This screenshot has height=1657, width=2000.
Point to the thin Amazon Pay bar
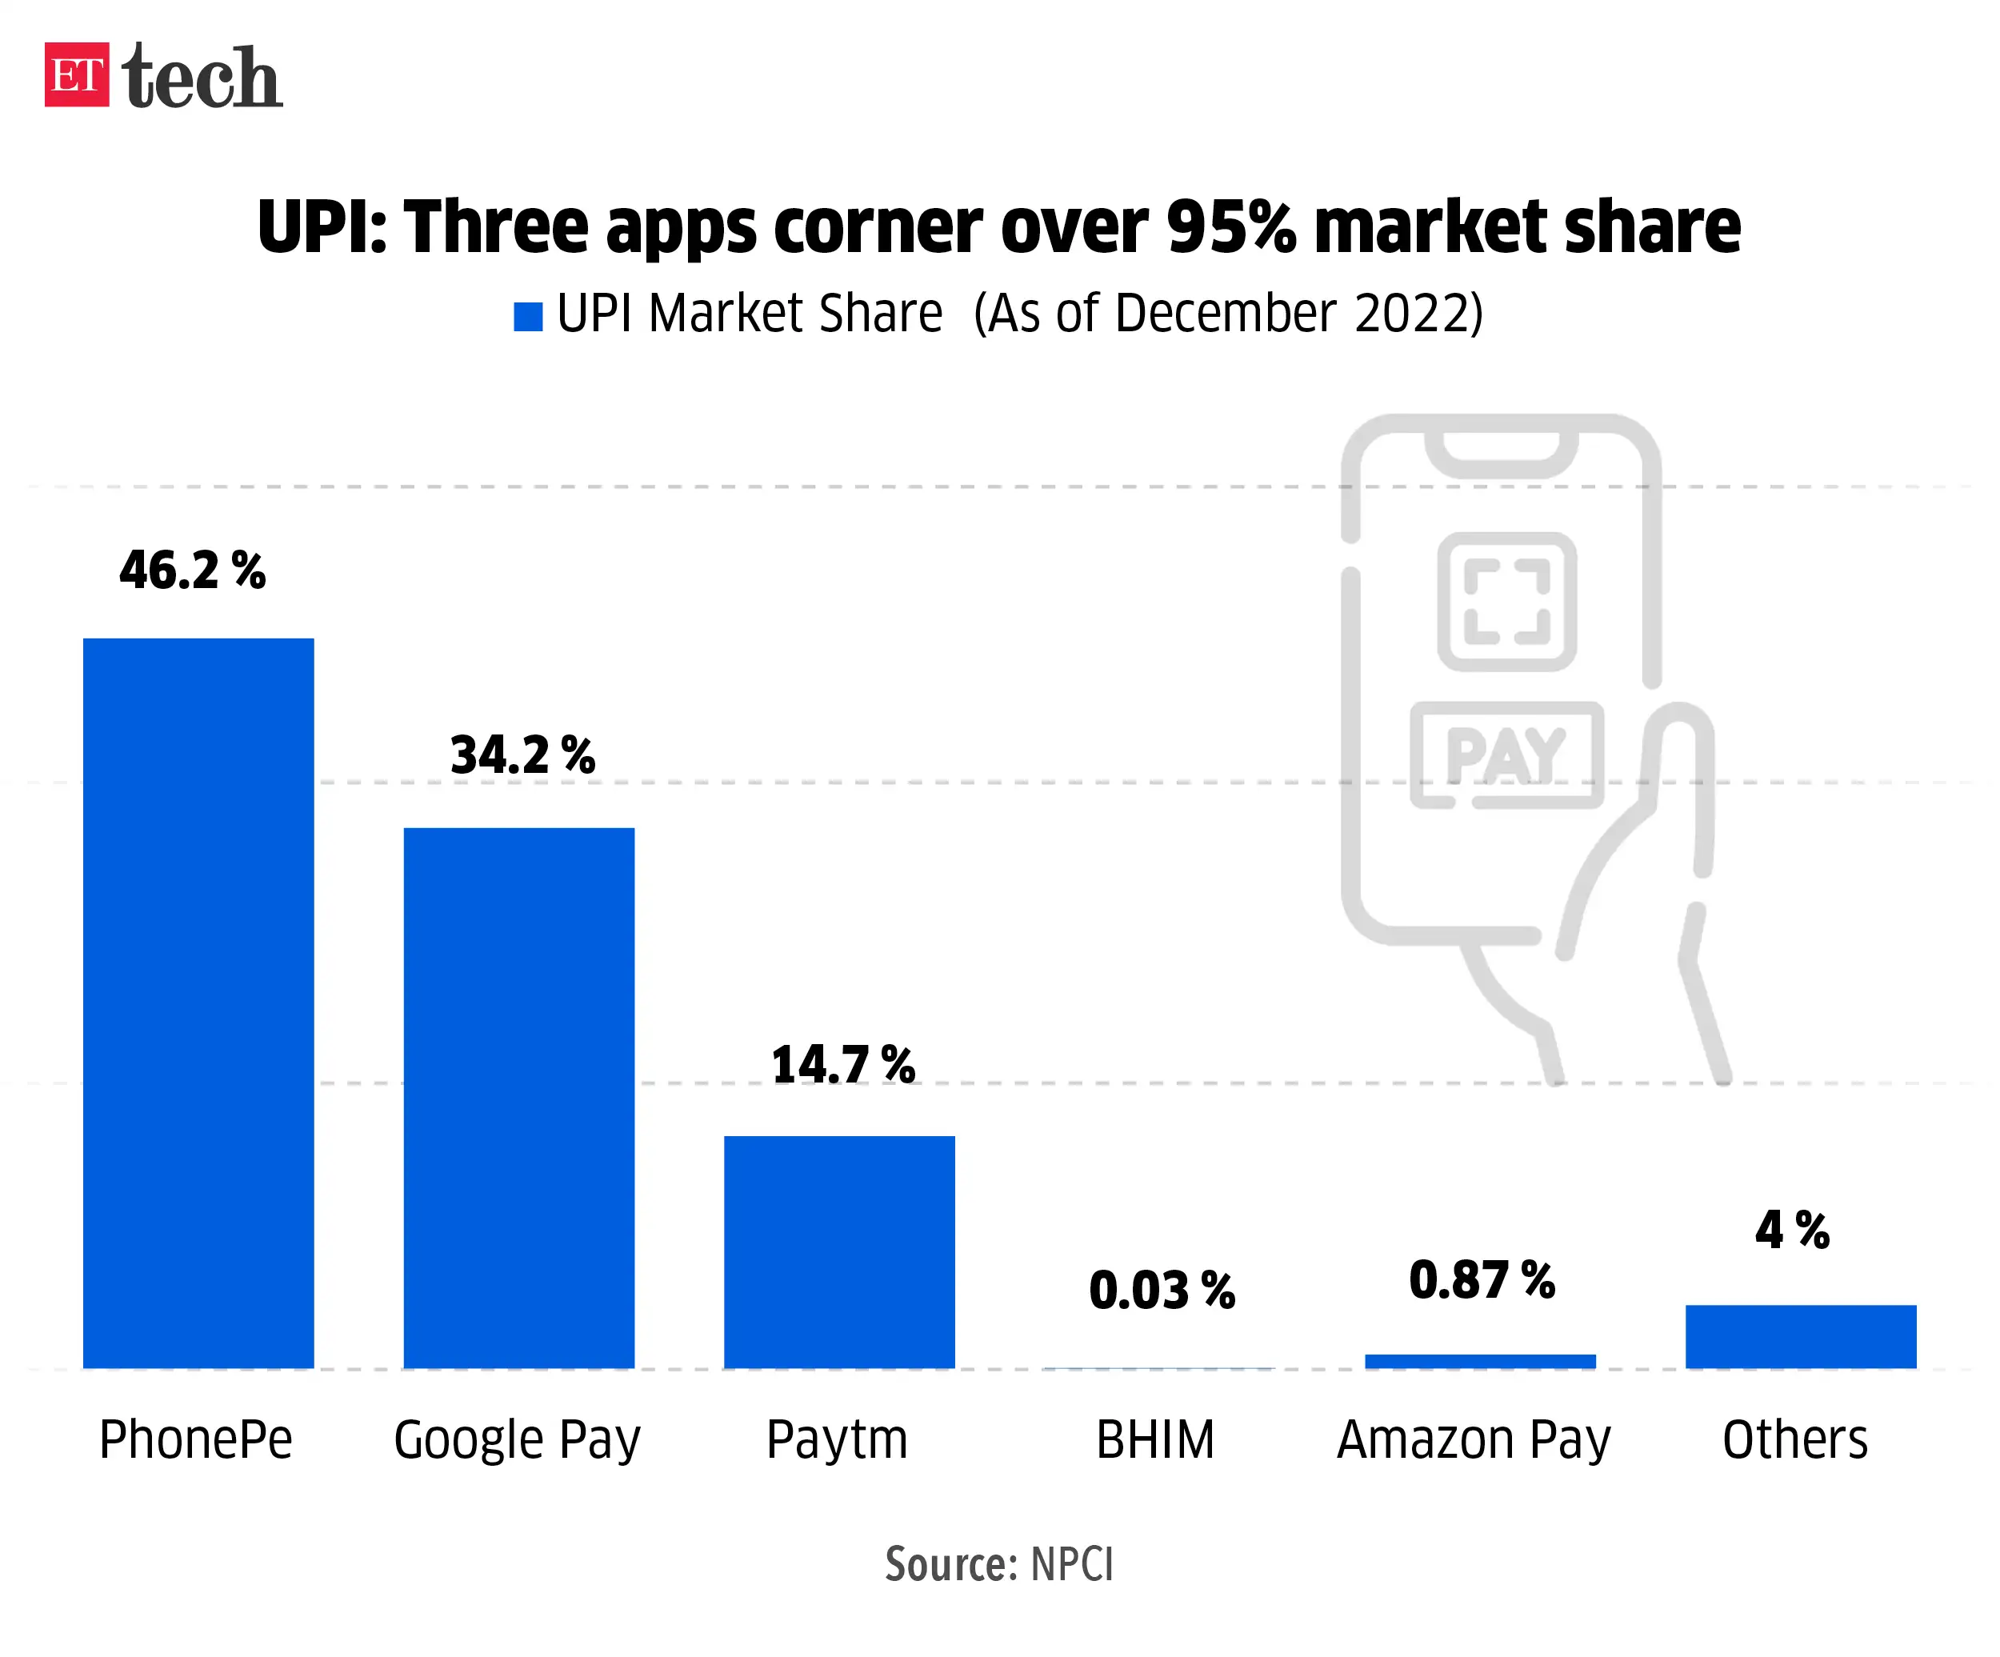tap(1480, 1361)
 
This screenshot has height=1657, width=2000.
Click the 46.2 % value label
tap(192, 570)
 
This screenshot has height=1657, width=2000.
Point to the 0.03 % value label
tap(1162, 1291)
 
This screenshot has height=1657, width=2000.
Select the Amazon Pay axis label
tap(1474, 1440)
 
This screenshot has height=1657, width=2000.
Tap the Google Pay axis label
tap(517, 1440)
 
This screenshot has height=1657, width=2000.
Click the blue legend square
tap(528, 316)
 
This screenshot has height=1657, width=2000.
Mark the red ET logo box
tap(77, 74)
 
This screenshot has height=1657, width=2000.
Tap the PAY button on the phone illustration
tap(1506, 755)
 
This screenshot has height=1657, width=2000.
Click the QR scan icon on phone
tap(1506, 602)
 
